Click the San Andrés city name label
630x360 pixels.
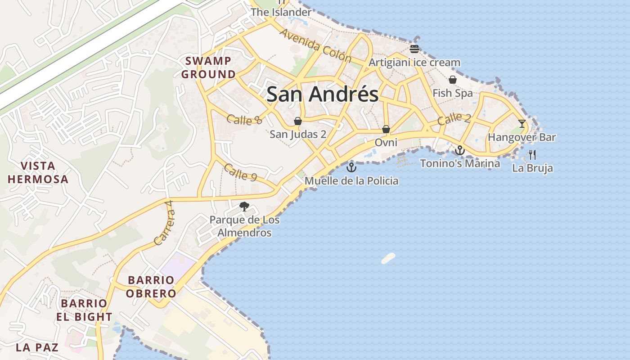tap(322, 94)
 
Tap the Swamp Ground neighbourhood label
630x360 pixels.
tap(208, 67)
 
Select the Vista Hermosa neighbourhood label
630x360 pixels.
tap(38, 172)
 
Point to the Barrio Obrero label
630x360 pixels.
tap(151, 287)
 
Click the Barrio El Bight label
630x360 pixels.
tap(84, 310)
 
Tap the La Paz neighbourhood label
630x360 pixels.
tap(37, 347)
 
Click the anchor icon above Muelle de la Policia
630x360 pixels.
tap(351, 168)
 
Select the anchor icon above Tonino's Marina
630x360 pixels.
tap(459, 150)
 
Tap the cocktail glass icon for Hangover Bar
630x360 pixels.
tap(522, 124)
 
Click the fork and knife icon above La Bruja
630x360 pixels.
tap(532, 155)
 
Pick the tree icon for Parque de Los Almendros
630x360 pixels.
tap(244, 207)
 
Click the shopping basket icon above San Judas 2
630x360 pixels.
tap(297, 121)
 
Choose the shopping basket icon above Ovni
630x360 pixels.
tap(386, 129)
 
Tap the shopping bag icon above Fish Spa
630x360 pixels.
tap(452, 80)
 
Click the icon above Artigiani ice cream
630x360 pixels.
tap(414, 49)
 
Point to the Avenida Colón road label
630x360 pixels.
tap(315, 45)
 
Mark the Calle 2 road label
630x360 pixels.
tap(454, 119)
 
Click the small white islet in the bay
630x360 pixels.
tap(388, 258)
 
